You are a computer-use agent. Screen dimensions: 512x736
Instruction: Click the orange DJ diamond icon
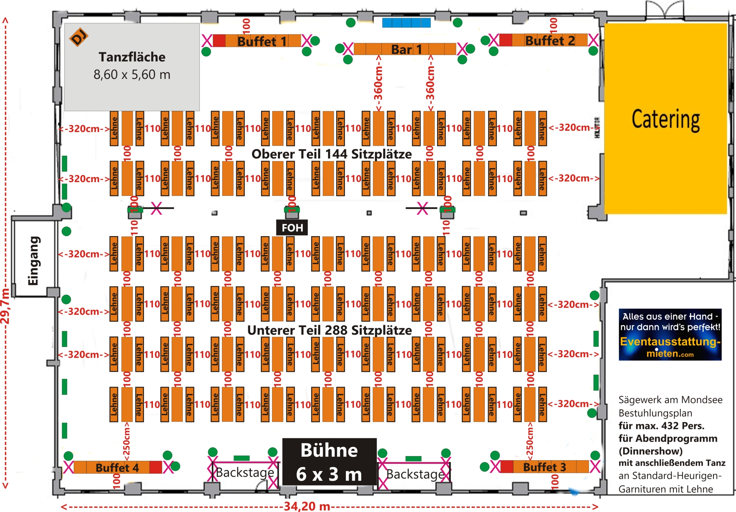(78, 37)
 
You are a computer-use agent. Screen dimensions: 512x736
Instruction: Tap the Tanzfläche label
(132, 57)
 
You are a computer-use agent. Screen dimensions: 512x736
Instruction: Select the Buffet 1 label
(262, 41)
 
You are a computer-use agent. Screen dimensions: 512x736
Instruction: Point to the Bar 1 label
(406, 50)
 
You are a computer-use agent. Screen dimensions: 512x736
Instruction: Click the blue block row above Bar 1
(406, 23)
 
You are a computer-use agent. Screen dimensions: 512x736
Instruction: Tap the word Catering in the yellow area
(666, 119)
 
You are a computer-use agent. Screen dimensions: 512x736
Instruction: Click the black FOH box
(292, 228)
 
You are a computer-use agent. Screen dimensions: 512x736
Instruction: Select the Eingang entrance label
(33, 260)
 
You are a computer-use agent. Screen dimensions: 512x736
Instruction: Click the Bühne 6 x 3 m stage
(329, 462)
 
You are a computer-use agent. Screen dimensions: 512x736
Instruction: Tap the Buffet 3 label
(544, 467)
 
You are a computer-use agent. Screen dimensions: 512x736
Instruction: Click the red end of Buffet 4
(156, 467)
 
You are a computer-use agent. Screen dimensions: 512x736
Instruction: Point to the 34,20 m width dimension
(307, 506)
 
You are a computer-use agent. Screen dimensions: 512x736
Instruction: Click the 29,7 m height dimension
(5, 306)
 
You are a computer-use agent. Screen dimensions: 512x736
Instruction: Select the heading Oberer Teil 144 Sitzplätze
(331, 154)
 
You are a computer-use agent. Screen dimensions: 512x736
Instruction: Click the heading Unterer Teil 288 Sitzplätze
(329, 331)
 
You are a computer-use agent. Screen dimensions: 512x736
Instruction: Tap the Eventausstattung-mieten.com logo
(670, 335)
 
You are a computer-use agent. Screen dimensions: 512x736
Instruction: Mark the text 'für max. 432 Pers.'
(661, 426)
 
